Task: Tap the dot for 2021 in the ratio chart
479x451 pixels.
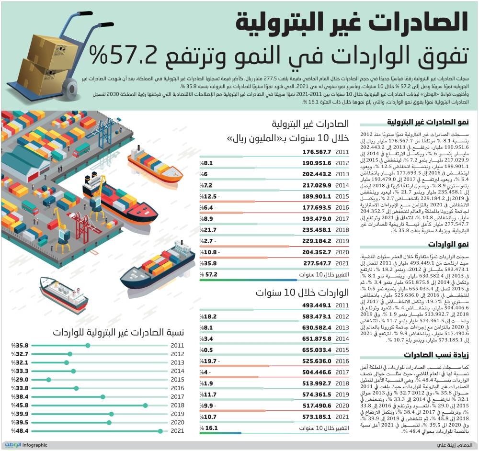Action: (160, 431)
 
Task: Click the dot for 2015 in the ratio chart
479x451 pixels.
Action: (49, 380)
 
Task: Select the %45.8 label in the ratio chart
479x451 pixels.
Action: (22, 406)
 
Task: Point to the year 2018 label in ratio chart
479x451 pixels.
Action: (177, 406)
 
